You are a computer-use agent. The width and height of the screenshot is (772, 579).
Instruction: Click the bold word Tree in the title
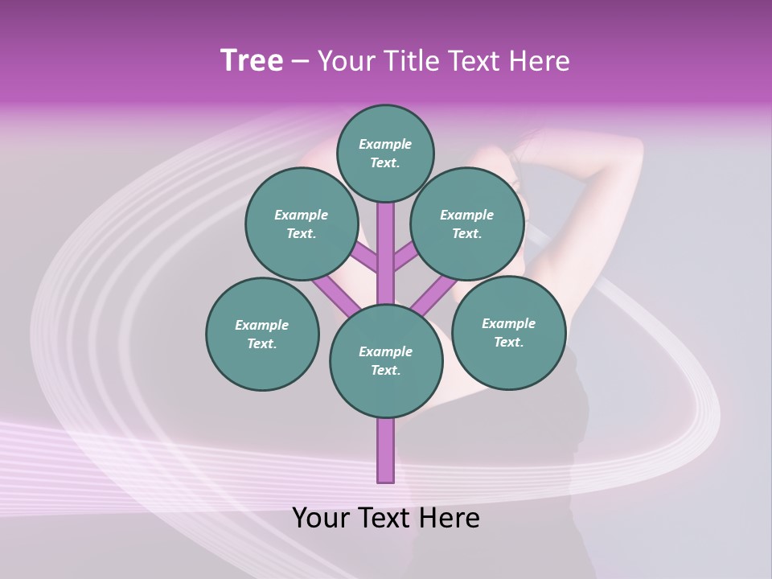point(252,60)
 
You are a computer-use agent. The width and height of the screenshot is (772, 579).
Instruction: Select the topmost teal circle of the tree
point(385,153)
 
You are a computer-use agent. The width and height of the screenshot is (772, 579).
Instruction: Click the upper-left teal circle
point(301,224)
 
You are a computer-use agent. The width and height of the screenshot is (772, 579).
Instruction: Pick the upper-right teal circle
point(466,224)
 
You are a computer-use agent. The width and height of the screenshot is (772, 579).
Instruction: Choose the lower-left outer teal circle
point(262,334)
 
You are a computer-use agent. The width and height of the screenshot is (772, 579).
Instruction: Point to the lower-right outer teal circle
point(508,332)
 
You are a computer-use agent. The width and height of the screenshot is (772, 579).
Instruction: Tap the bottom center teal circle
point(386,360)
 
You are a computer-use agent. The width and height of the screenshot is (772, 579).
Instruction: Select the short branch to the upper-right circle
point(406,257)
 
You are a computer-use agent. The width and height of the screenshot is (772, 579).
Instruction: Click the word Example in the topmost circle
point(385,144)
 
